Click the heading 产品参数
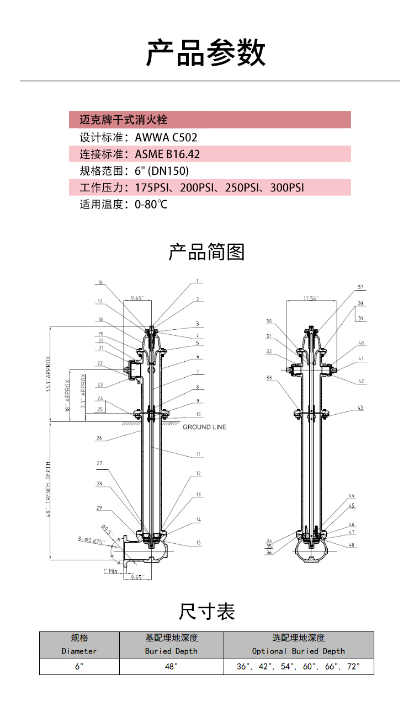click(x=206, y=53)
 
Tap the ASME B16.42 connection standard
click(x=167, y=154)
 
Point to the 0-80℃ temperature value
click(x=151, y=205)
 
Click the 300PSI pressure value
click(x=287, y=188)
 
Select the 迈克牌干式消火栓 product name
click(x=123, y=120)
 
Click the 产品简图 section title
click(x=206, y=252)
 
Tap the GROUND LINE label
click(x=204, y=427)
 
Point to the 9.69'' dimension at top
click(x=137, y=298)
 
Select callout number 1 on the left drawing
click(x=196, y=281)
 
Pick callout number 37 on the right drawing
click(x=360, y=287)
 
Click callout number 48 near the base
click(x=352, y=545)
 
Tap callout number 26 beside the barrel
click(x=99, y=438)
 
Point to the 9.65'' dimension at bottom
click(x=136, y=577)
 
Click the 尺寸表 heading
click(x=206, y=611)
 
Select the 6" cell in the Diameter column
click(x=79, y=666)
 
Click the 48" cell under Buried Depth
click(x=171, y=666)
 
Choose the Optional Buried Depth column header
click(x=298, y=651)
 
